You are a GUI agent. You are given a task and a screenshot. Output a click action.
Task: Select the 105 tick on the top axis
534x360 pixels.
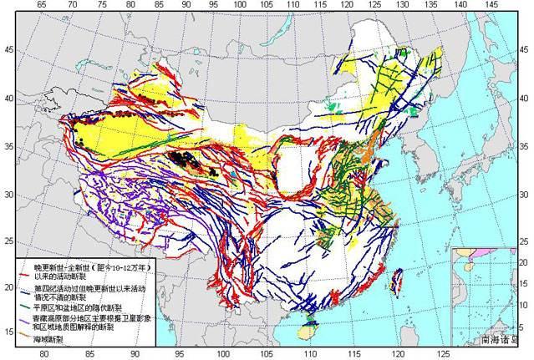(x=267, y=5)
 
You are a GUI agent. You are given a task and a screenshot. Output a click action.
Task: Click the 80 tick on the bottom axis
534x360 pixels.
(x=43, y=354)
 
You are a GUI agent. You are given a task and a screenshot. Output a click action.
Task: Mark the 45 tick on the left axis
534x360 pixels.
(x=9, y=50)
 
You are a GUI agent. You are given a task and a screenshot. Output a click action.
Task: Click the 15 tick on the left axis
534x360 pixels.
(x=9, y=332)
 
